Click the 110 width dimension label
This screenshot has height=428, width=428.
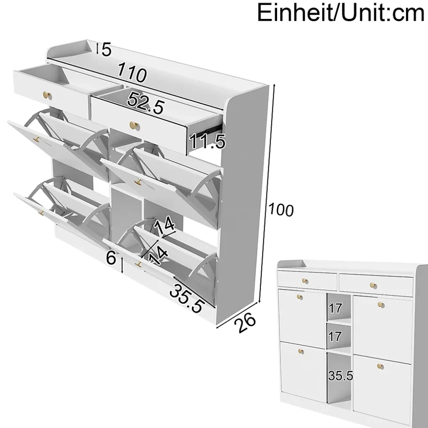point(132,72)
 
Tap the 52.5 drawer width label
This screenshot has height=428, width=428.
point(146,103)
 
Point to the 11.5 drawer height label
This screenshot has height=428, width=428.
point(207,141)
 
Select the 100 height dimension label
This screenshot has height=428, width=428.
point(281,210)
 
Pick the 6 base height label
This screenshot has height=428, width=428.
point(111,258)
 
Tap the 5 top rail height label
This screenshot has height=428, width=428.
point(107,50)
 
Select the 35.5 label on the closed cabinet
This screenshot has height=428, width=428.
point(340,376)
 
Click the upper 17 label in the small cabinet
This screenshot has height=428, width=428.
point(335,309)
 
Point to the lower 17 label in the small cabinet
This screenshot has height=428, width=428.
point(335,337)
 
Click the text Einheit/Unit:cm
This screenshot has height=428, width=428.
point(341,12)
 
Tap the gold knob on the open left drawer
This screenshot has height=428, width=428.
point(48,95)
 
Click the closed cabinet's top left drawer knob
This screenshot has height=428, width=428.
point(305,281)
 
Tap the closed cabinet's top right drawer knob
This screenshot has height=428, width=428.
point(373,286)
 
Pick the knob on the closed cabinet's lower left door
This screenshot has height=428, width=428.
point(301,351)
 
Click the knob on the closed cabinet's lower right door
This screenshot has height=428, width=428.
point(380,366)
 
